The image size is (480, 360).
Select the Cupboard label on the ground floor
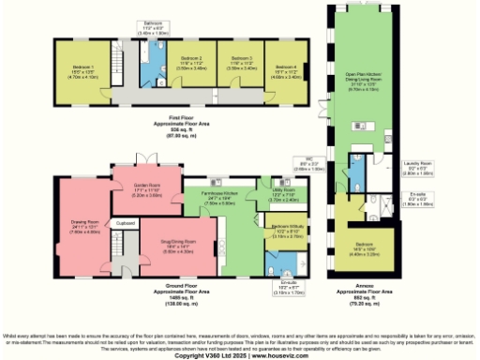[x=126, y=223]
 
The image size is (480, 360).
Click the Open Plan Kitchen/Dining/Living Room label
[x=360, y=80]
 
